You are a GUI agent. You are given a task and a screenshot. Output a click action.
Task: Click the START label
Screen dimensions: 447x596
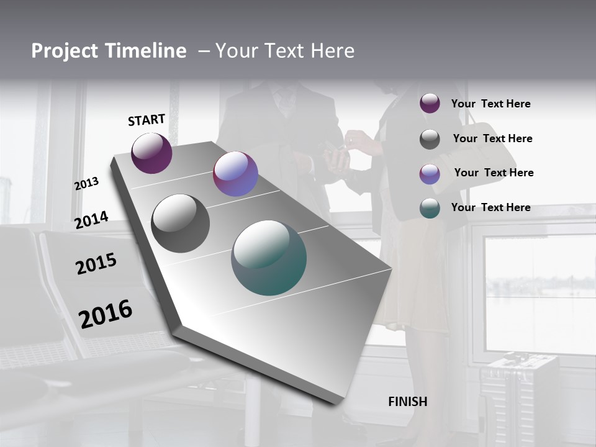click(147, 120)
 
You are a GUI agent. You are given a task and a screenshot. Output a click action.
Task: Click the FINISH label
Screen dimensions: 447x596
click(408, 402)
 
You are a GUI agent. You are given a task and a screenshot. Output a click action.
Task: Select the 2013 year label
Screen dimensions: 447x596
click(86, 184)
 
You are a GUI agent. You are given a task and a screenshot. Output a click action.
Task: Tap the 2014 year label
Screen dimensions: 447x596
click(91, 220)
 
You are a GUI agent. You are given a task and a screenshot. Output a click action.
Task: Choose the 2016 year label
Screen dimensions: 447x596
click(106, 314)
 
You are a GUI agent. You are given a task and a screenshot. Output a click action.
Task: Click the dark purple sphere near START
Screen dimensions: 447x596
click(151, 153)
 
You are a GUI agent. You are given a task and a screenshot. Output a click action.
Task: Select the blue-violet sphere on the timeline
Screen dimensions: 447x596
click(235, 174)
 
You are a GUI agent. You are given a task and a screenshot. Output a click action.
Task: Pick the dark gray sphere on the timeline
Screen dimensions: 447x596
click(180, 223)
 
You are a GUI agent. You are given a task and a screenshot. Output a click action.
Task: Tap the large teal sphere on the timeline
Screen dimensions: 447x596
click(269, 258)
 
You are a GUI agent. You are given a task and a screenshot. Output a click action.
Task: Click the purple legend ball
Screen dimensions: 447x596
click(430, 103)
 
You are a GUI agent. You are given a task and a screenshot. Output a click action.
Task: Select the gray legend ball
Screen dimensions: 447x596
click(430, 139)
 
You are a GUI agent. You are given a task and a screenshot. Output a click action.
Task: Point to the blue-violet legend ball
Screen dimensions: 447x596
click(430, 174)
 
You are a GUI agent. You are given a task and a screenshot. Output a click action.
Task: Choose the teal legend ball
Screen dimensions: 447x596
click(430, 208)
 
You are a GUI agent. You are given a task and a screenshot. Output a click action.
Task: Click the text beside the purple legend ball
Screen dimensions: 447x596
click(490, 104)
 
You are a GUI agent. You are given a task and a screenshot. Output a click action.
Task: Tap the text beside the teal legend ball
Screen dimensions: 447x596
click(490, 207)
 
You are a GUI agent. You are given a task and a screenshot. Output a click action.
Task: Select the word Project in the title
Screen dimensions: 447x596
click(64, 51)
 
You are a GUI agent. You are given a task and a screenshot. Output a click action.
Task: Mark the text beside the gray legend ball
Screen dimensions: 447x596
click(492, 138)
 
